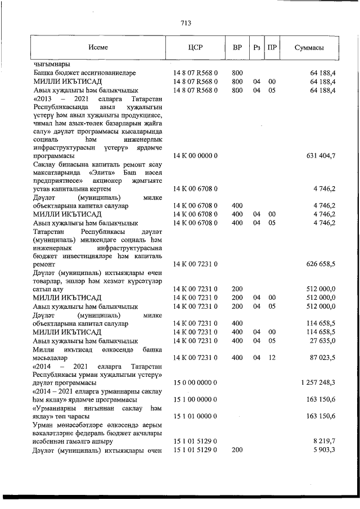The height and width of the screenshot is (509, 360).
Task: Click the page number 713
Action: click(x=186, y=23)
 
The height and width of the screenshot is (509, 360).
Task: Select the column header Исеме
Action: click(x=98, y=48)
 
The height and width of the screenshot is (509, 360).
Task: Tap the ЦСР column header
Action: click(x=193, y=48)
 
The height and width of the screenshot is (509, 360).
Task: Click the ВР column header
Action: click(x=237, y=48)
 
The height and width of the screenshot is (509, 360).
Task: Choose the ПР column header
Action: click(x=272, y=48)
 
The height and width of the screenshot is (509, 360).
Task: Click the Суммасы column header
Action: click(x=309, y=48)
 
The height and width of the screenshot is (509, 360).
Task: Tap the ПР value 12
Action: click(x=272, y=357)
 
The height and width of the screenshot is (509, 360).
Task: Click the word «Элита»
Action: click(x=101, y=172)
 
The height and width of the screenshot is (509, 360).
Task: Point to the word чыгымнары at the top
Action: click(x=51, y=64)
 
